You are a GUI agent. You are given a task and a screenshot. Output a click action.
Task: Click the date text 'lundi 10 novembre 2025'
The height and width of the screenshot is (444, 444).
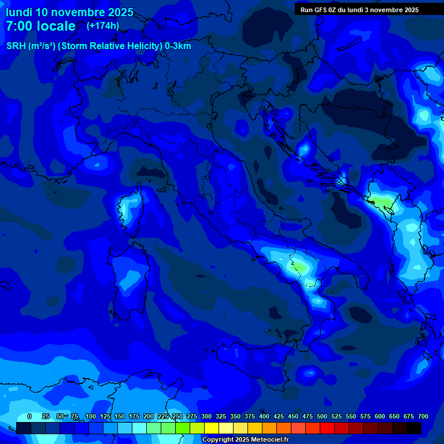click(x=69, y=12)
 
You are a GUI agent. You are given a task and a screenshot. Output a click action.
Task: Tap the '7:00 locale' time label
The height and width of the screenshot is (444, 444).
click(x=40, y=26)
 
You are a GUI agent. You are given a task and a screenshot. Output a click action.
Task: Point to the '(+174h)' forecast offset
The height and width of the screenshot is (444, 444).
click(x=103, y=25)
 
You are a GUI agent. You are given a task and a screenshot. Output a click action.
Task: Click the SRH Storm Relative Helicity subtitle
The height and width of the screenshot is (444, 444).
click(x=98, y=46)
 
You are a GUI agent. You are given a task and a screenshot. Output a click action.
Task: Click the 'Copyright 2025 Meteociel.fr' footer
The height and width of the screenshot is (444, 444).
click(x=245, y=439)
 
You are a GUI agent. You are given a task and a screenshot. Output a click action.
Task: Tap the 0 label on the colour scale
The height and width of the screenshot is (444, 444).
click(x=29, y=416)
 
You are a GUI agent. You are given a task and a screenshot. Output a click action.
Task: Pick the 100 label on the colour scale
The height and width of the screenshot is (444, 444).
click(x=91, y=416)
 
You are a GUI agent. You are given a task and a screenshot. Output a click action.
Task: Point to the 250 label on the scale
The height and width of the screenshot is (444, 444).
click(x=177, y=416)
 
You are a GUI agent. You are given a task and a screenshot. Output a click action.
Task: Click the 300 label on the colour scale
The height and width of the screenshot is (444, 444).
click(x=206, y=416)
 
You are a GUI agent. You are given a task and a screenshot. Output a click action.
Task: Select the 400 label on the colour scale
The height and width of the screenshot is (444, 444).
click(x=264, y=416)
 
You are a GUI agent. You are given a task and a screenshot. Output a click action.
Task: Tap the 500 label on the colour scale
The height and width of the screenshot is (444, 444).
click(x=322, y=416)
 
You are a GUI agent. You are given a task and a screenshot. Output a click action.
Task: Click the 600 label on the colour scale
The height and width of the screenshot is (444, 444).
click(x=380, y=416)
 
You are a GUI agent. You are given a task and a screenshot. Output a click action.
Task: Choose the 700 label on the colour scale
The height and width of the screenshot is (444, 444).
click(x=423, y=416)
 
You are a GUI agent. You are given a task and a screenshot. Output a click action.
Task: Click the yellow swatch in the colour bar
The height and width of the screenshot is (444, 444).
click(x=212, y=428)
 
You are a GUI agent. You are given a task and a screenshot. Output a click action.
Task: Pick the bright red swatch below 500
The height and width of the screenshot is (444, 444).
click(x=327, y=428)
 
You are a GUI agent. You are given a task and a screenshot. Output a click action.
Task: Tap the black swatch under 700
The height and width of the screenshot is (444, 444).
click(x=414, y=428)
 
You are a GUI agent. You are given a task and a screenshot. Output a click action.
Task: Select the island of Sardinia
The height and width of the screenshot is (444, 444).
click(x=125, y=277)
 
